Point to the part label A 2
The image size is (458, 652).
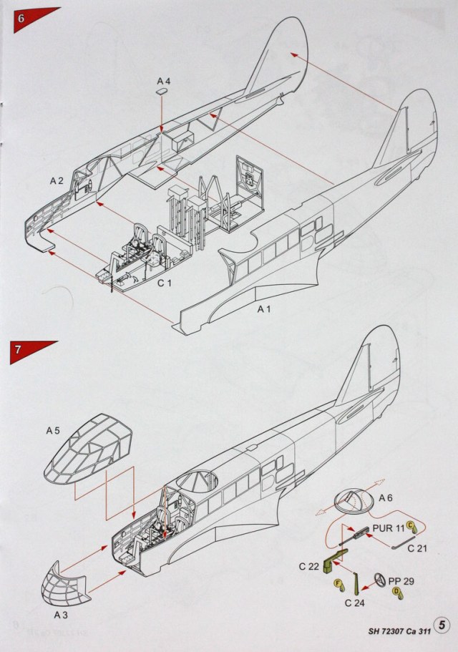(57, 181)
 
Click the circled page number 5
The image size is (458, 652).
(444, 625)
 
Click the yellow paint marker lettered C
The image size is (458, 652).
(411, 526)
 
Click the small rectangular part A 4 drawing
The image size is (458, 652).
(164, 91)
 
